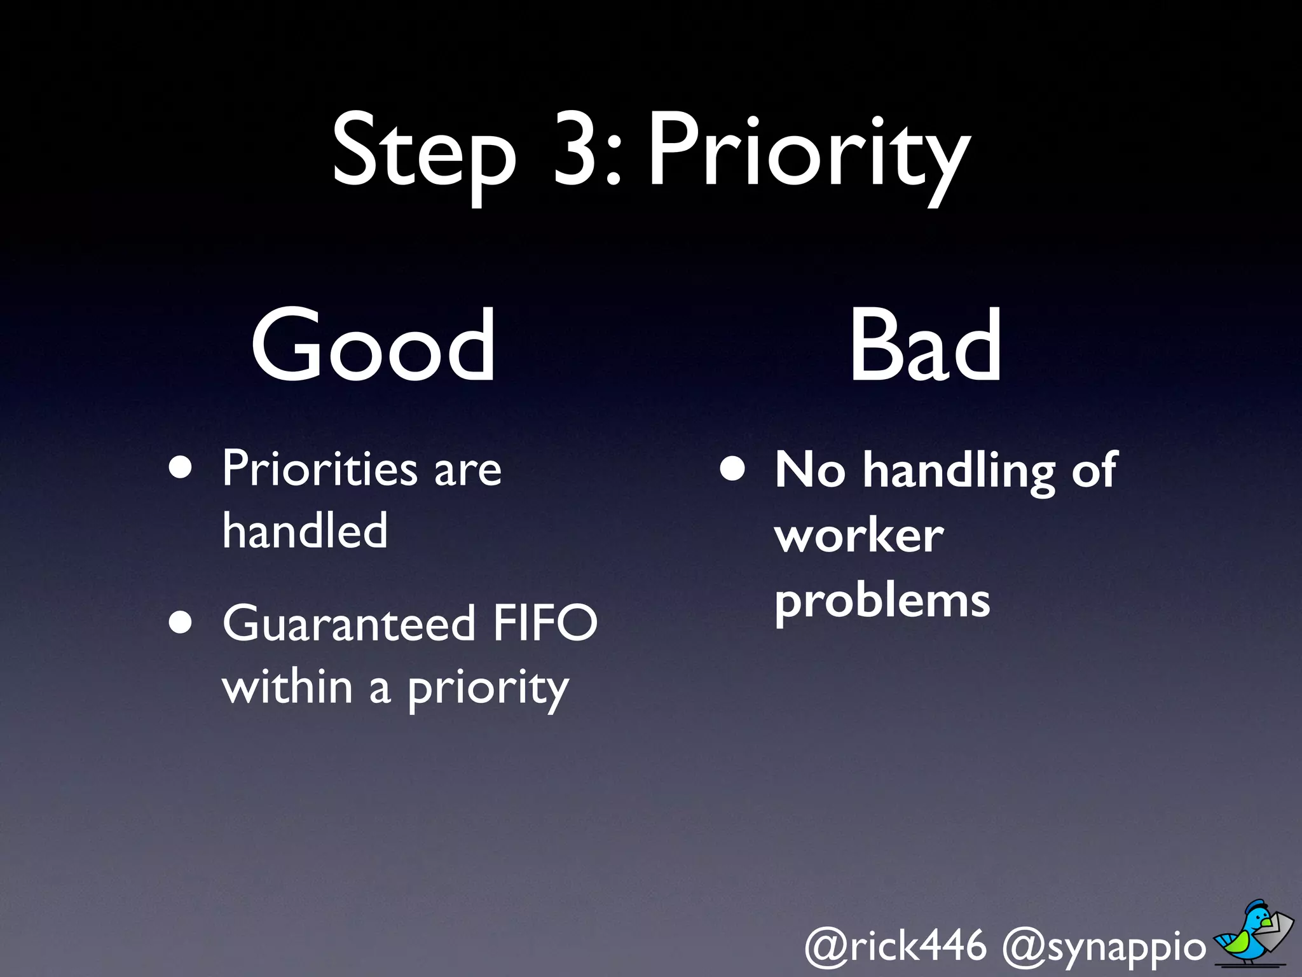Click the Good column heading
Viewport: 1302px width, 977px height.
(x=373, y=345)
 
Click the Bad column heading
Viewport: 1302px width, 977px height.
(x=926, y=345)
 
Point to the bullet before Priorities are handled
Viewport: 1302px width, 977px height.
(x=181, y=468)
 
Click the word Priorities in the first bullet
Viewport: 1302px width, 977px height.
(x=320, y=469)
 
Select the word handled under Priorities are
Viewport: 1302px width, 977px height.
(x=305, y=530)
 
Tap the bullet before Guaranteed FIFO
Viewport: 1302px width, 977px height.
(x=181, y=623)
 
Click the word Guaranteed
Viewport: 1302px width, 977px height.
(x=349, y=623)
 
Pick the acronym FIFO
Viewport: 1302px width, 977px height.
(x=545, y=623)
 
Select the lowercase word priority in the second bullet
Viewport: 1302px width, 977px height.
(x=488, y=690)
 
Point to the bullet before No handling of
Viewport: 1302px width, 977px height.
(x=733, y=469)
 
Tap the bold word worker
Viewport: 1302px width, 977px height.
(x=859, y=536)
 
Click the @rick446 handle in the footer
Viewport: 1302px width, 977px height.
(x=896, y=946)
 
